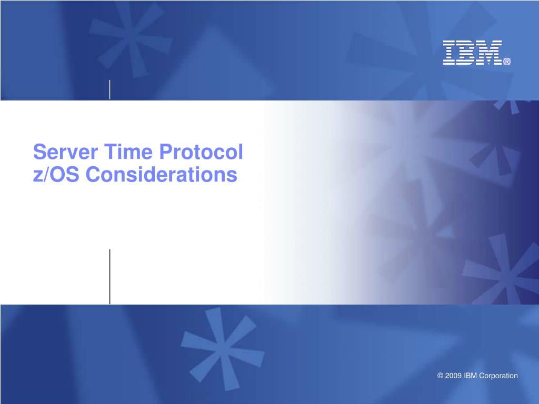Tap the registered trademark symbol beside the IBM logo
pyautogui.click(x=507, y=62)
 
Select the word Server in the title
pyautogui.click(x=65, y=151)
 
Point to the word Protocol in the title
pyautogui.click(x=201, y=151)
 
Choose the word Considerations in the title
pyautogui.click(x=161, y=174)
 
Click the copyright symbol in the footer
pyautogui.click(x=440, y=376)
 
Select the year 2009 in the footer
pyautogui.click(x=453, y=376)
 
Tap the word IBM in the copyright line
pyautogui.click(x=470, y=376)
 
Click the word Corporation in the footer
pyautogui.click(x=498, y=376)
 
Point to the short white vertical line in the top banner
pyautogui.click(x=109, y=89)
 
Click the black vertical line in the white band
pyautogui.click(x=109, y=277)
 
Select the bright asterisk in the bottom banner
pyautogui.click(x=222, y=348)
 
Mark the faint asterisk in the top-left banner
pyautogui.click(x=130, y=38)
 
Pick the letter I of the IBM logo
pyautogui.click(x=448, y=53)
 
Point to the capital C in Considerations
pyautogui.click(x=93, y=174)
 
